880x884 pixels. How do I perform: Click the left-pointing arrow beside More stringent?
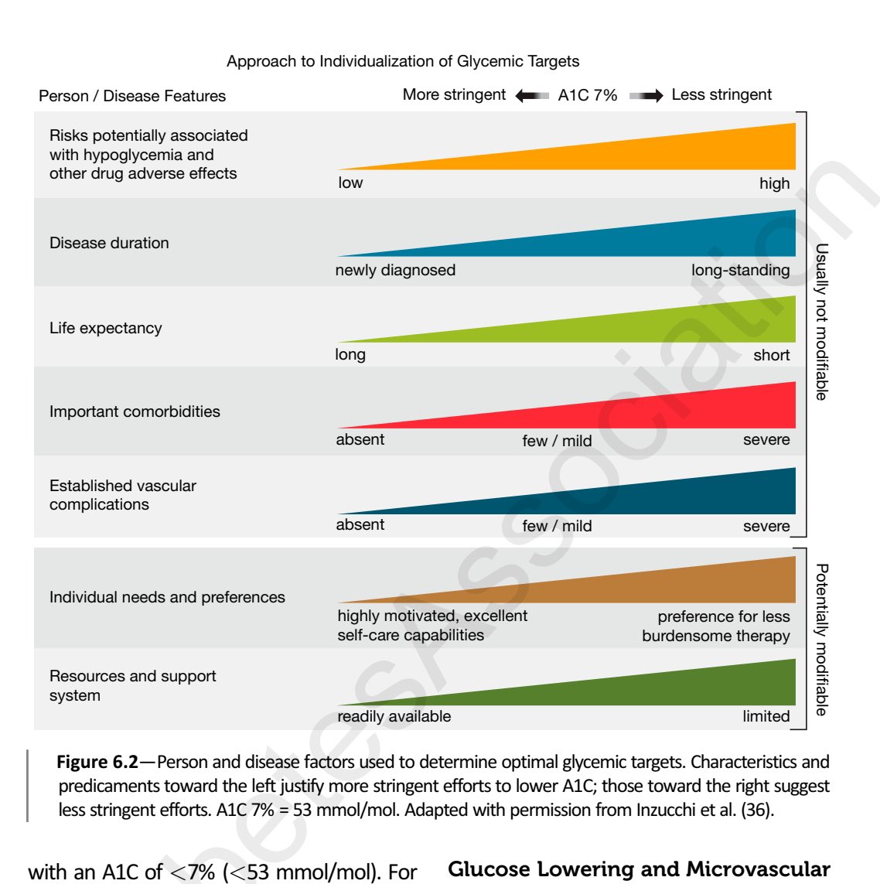point(532,96)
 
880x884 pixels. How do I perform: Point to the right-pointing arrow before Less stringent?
point(646,96)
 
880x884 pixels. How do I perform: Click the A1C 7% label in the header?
point(588,95)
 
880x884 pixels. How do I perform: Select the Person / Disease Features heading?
point(132,96)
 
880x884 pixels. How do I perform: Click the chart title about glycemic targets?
point(403,61)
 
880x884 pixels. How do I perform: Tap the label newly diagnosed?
point(395,270)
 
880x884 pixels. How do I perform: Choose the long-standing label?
point(740,270)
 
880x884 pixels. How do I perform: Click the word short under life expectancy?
point(771,355)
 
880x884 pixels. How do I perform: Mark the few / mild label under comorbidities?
point(557,441)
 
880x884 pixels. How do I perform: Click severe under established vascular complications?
point(766,526)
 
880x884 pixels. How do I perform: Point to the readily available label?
point(394,716)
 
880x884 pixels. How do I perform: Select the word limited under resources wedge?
point(766,716)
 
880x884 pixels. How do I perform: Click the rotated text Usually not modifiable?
point(822,322)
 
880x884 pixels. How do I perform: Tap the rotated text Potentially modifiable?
point(822,640)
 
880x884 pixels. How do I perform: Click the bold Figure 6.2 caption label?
point(97,762)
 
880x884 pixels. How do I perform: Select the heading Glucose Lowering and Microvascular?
point(639,870)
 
